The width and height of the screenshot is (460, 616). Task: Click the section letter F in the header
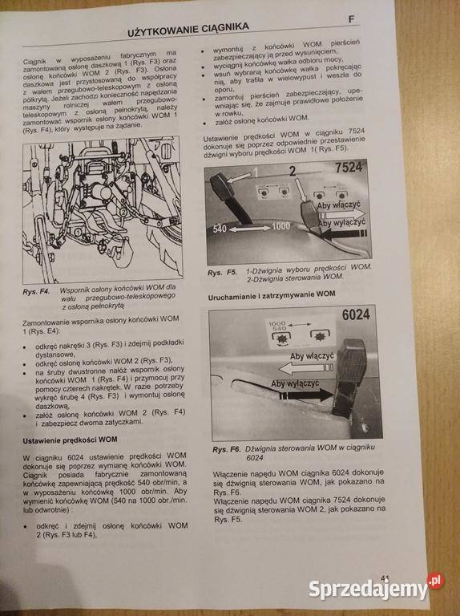pos(350,19)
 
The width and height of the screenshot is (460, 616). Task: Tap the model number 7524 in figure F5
pos(349,168)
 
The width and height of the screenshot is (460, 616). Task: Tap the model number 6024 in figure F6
pos(354,314)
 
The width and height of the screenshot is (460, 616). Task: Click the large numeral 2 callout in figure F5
pos(293,170)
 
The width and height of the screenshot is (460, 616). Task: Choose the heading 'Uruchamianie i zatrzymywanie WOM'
pos(271,294)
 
